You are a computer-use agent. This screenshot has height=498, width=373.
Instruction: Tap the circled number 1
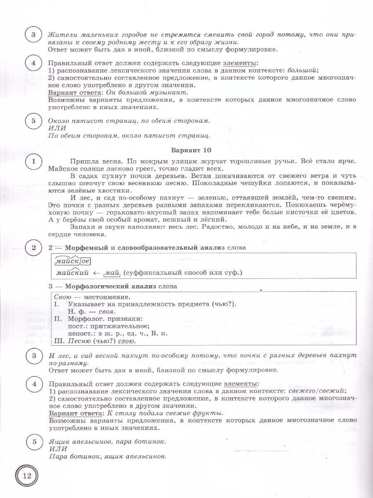click(34, 161)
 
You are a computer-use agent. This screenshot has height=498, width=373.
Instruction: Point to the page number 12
click(27, 476)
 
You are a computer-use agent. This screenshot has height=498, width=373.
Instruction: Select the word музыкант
click(168, 92)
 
